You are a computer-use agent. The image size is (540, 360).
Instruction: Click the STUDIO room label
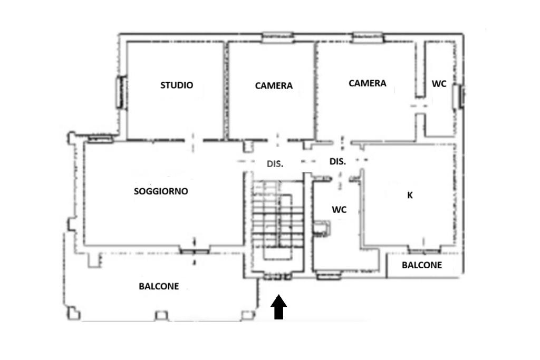[177, 85]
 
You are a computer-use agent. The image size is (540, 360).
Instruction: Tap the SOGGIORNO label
[161, 191]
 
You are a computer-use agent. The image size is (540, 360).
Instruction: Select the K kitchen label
[410, 195]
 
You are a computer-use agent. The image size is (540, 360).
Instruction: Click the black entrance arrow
[278, 307]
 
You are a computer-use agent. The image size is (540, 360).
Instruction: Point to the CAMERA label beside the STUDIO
[274, 85]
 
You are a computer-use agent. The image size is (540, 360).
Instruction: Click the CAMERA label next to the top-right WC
[368, 83]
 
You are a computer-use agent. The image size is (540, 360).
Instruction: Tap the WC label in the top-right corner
[439, 84]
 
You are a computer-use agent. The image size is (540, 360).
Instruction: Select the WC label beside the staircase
[339, 210]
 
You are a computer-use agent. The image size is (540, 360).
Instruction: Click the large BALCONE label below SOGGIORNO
[159, 286]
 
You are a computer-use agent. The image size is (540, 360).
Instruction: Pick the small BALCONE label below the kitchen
[422, 265]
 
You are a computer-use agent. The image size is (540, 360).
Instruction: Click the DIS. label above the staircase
[275, 164]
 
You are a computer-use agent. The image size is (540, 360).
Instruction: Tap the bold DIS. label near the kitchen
[337, 161]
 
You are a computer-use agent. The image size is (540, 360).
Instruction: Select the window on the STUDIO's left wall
[120, 92]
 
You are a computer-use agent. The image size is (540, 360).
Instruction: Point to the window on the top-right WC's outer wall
[459, 96]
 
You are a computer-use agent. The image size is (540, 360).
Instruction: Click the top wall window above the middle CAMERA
[277, 37]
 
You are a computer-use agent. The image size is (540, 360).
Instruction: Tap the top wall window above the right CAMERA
[368, 37]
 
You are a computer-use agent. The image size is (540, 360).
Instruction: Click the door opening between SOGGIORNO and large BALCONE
[195, 251]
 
